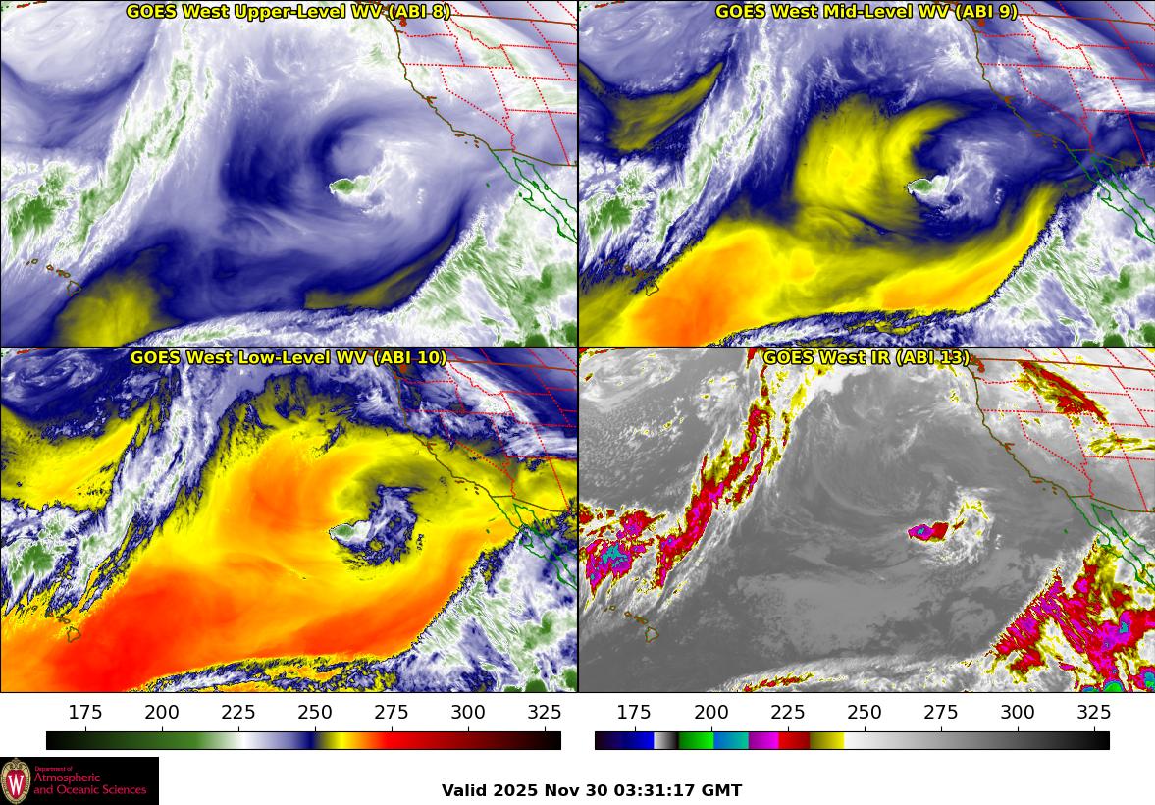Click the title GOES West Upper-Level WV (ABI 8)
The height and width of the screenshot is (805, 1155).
click(x=288, y=12)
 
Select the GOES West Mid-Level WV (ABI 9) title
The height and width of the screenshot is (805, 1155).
click(x=866, y=12)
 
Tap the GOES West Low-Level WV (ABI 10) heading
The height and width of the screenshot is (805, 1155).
click(x=288, y=358)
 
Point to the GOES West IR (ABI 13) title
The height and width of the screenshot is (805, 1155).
click(x=866, y=358)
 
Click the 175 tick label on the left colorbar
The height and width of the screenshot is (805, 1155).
click(x=85, y=713)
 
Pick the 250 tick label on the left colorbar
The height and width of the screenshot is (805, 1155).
click(x=315, y=713)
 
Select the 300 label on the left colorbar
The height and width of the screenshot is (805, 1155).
click(x=468, y=713)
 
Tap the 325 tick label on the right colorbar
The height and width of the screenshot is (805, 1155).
click(x=1093, y=713)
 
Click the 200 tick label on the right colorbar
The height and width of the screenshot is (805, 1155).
click(x=710, y=713)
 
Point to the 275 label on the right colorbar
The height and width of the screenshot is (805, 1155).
click(x=940, y=713)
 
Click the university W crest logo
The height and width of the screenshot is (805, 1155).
click(x=16, y=781)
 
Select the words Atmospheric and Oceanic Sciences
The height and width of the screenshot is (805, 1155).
click(x=89, y=783)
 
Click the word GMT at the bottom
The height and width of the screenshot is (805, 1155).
click(x=722, y=790)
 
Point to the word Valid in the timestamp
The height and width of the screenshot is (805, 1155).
click(x=464, y=790)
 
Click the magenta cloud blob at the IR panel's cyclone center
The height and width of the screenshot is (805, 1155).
click(x=927, y=531)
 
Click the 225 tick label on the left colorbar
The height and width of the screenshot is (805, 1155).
click(x=238, y=713)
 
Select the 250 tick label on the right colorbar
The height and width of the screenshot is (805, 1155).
click(x=864, y=713)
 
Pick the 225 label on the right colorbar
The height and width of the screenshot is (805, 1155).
click(x=787, y=713)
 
